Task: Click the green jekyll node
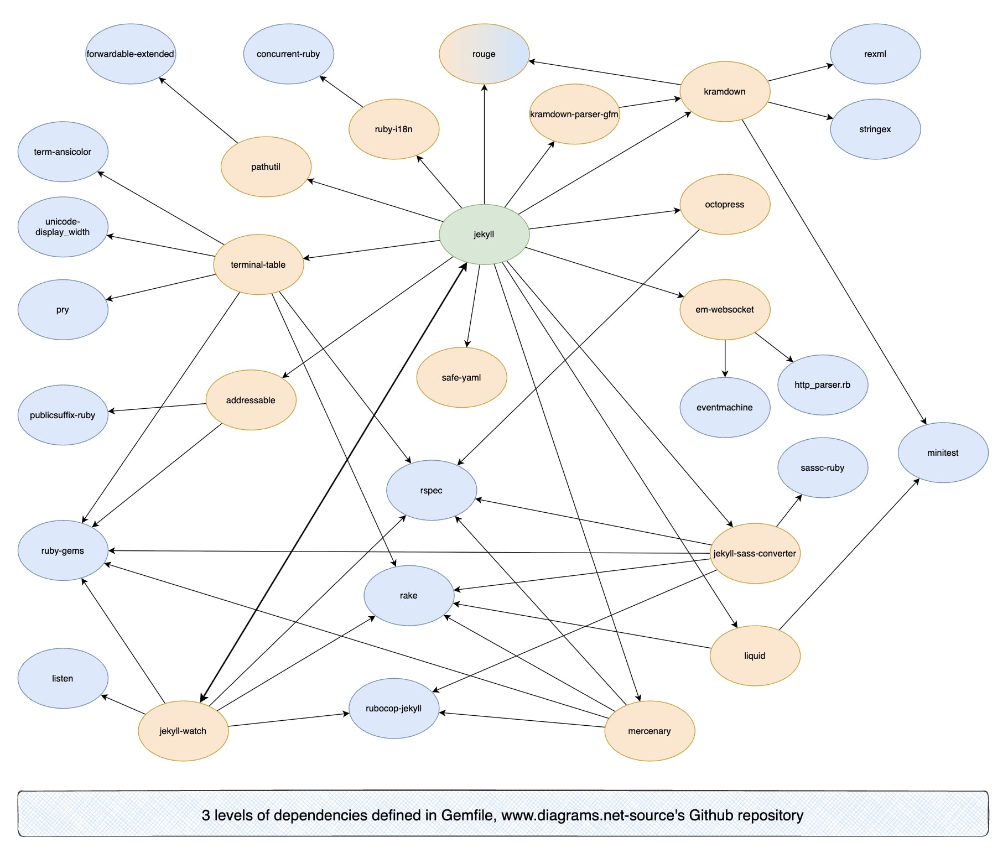(484, 235)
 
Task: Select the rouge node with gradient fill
(484, 54)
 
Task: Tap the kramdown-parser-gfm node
(574, 115)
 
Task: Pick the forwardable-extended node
(130, 54)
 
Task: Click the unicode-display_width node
(63, 227)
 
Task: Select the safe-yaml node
(461, 378)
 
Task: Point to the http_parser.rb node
(822, 385)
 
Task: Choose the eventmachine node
(725, 408)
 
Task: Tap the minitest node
(943, 453)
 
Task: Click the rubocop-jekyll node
(394, 709)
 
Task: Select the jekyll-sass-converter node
(755, 554)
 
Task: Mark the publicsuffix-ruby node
(63, 415)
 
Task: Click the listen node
(63, 679)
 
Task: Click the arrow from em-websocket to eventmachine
(725, 358)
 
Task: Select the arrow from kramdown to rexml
(800, 73)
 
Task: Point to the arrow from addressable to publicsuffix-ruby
(158, 408)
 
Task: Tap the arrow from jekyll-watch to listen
(123, 705)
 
